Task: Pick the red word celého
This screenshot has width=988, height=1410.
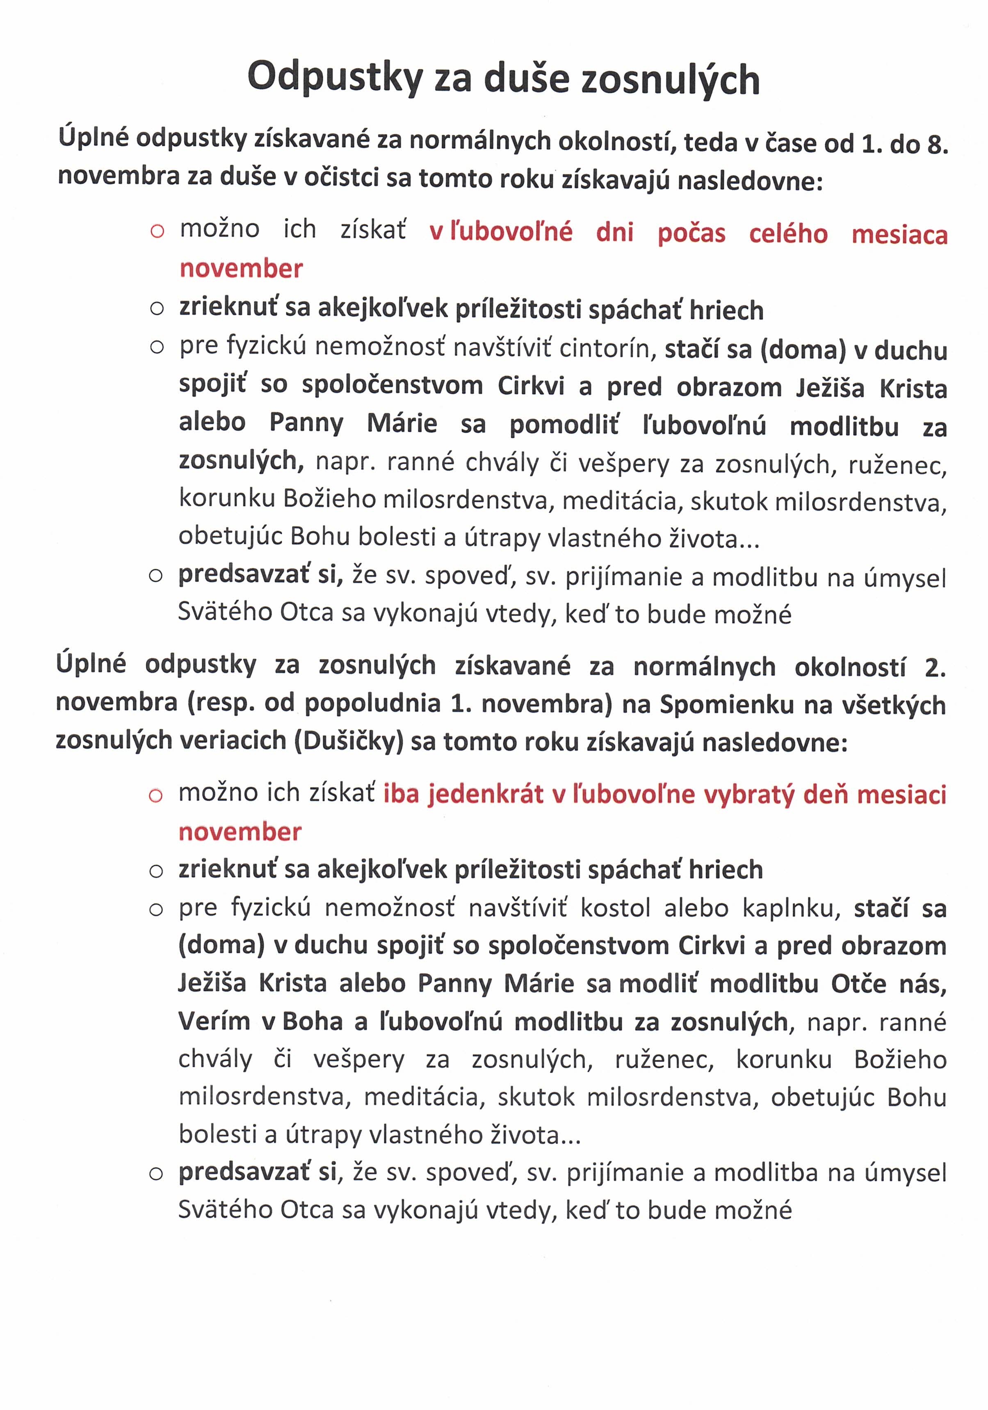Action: tap(788, 234)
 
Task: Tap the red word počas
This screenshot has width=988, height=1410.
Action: tap(691, 234)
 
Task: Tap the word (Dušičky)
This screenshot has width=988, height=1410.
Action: tap(349, 741)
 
